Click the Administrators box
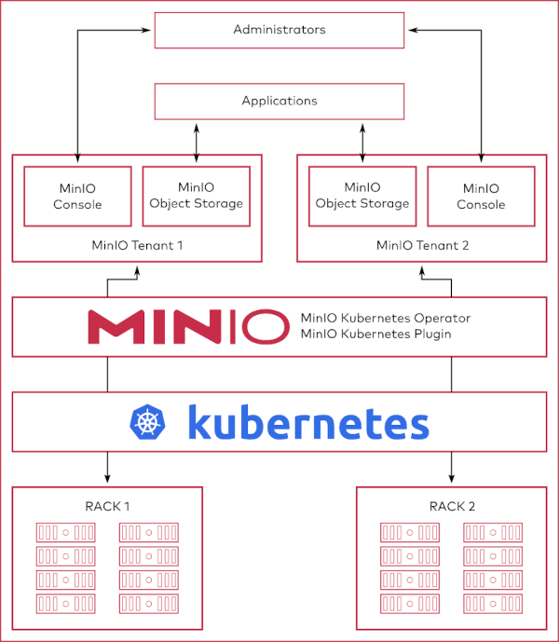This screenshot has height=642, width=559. pyautogui.click(x=279, y=30)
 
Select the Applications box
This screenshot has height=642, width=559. pyautogui.click(x=279, y=101)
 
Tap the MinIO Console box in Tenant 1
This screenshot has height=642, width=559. pyautogui.click(x=77, y=197)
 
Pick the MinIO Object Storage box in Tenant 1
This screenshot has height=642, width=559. pyautogui.click(x=197, y=197)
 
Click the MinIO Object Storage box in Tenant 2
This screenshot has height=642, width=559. pyautogui.click(x=362, y=197)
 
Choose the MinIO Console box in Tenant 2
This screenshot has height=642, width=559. pyautogui.click(x=482, y=197)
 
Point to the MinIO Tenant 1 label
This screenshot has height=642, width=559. pyautogui.click(x=137, y=246)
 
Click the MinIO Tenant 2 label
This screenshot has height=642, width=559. pyautogui.click(x=421, y=246)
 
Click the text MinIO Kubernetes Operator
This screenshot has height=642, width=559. pyautogui.click(x=385, y=319)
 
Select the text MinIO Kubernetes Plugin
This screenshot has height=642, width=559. pyautogui.click(x=375, y=334)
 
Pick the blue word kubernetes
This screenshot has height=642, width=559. pyautogui.click(x=307, y=422)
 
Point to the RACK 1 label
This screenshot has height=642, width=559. pyautogui.click(x=107, y=507)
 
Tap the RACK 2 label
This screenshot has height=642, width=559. pyautogui.click(x=452, y=507)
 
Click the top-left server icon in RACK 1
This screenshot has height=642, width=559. pyautogui.click(x=65, y=533)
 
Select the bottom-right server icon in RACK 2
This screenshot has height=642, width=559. pyautogui.click(x=492, y=603)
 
